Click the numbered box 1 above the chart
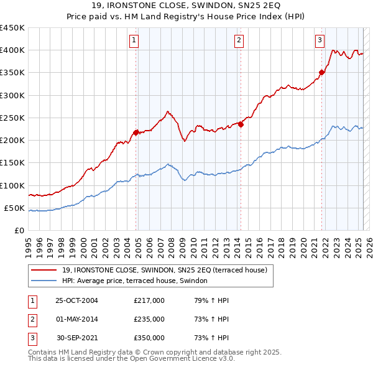pos(134,41)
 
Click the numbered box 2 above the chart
pos(239,41)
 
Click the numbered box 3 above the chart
pos(320,41)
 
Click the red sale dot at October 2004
pos(136,132)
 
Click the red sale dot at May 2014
pos(241,124)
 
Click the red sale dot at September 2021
pos(322,72)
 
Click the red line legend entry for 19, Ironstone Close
pos(164,270)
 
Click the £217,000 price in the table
pos(149,300)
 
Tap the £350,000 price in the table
pos(149,338)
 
